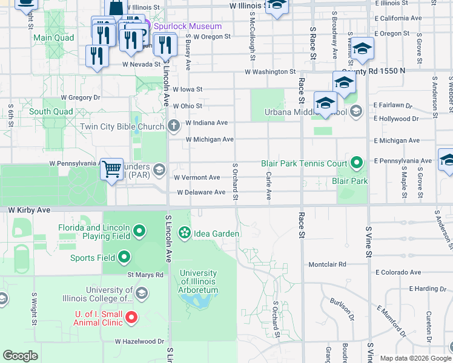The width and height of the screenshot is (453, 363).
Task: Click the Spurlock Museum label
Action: tap(187, 26)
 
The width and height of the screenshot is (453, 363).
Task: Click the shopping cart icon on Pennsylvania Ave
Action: tap(111, 169)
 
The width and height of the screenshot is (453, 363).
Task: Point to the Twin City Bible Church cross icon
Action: tap(174, 126)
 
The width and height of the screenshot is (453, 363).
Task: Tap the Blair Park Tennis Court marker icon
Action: tap(357, 163)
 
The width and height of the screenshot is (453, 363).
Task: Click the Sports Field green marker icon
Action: tap(125, 258)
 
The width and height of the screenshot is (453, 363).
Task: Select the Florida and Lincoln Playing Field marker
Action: tap(139, 230)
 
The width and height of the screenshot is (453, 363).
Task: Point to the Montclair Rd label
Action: tap(327, 264)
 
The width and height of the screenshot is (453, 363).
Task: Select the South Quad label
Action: tap(51, 111)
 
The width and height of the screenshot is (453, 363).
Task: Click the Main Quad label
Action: tap(53, 38)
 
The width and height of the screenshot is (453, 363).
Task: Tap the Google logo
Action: tap(21, 355)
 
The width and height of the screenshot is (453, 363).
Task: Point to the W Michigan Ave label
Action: tap(210, 140)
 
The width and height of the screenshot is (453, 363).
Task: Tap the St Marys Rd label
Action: tap(145, 275)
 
